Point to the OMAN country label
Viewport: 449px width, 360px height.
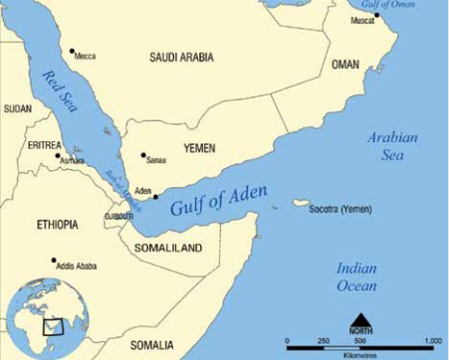tap(346, 66)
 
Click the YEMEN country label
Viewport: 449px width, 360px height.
tap(200, 147)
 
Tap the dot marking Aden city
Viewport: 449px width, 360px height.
tap(154, 196)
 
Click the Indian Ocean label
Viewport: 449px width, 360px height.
tap(355, 277)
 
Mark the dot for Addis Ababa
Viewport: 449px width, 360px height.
tap(53, 260)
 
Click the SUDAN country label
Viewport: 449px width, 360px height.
tap(18, 107)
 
